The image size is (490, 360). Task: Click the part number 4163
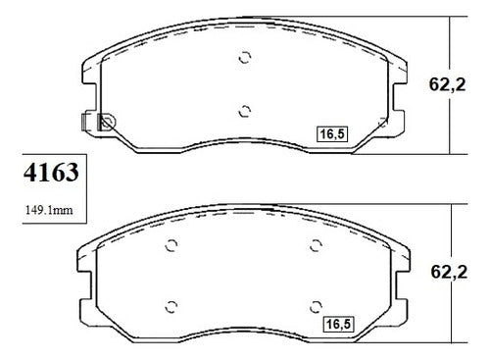point(51,173)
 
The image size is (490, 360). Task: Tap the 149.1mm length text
point(49,210)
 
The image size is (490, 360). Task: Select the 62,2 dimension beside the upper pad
point(447,84)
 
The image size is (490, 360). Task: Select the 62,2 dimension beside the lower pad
point(449,272)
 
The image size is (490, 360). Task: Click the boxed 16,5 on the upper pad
point(332,134)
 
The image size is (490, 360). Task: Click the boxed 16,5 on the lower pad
point(338,324)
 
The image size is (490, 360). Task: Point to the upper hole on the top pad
point(245,58)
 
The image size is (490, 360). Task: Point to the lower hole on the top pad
point(245,112)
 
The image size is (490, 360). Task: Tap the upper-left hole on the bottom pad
point(171,245)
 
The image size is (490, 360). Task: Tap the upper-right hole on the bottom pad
point(316,245)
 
